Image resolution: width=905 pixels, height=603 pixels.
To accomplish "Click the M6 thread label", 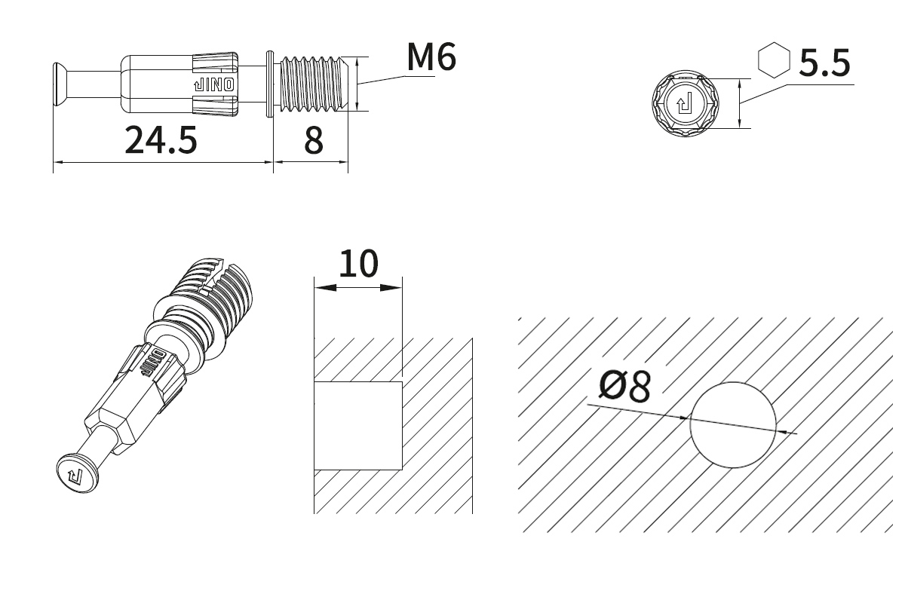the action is tap(431, 57).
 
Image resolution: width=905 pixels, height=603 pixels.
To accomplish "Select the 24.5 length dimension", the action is tap(161, 140).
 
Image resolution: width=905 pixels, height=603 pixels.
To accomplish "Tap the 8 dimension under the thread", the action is tap(314, 140).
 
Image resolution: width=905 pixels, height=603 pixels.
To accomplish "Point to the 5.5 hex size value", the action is tap(824, 63).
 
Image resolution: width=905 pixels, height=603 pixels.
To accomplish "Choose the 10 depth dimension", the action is tap(358, 264).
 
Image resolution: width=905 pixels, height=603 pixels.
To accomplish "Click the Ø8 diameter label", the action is tap(624, 387).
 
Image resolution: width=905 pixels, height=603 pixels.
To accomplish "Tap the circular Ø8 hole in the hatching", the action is tap(733, 425).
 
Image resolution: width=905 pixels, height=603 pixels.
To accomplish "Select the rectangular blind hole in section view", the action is tap(358, 426).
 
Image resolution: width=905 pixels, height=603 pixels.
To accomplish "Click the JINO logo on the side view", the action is tap(214, 85).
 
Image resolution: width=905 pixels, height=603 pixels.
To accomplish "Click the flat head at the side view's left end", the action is tap(60, 86).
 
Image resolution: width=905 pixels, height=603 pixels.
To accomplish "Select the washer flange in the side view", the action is tap(270, 84).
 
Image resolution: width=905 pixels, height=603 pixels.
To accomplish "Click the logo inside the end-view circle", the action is tap(685, 103).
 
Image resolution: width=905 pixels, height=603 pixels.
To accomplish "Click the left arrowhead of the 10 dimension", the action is tap(325, 288).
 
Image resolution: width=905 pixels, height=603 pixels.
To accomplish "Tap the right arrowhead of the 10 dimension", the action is tap(391, 288).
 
